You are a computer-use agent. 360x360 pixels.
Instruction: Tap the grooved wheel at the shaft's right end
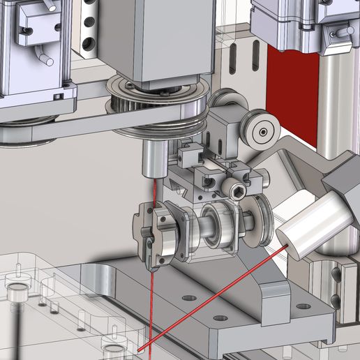point(259,222)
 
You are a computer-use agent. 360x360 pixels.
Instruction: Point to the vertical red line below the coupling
point(150,300)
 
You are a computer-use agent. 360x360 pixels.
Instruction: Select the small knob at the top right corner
point(343,31)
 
